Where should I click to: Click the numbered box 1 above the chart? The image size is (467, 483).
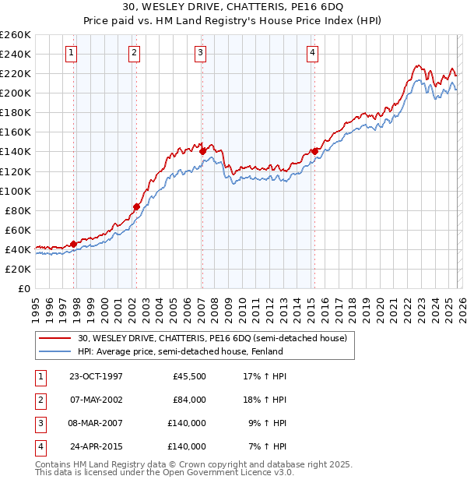(71, 53)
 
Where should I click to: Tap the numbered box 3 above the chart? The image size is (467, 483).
(201, 53)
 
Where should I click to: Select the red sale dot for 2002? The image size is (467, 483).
(136, 206)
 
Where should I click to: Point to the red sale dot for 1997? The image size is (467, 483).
(74, 244)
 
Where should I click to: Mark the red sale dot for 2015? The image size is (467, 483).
(314, 151)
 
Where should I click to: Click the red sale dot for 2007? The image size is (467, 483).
(202, 151)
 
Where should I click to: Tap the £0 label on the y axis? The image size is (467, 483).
(23, 288)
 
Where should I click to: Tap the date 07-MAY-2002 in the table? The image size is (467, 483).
(96, 400)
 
